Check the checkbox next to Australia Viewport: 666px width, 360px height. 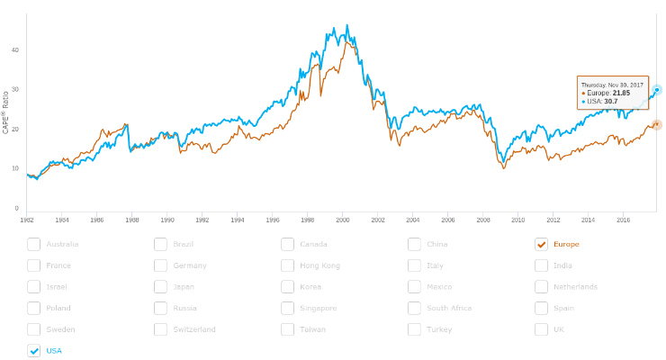click(x=33, y=244)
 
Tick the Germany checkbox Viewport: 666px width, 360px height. click(x=160, y=265)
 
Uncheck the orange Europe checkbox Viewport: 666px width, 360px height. click(x=541, y=244)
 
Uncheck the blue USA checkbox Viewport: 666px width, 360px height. click(x=33, y=351)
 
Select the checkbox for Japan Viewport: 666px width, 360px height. click(x=160, y=287)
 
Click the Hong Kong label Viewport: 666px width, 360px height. click(x=319, y=265)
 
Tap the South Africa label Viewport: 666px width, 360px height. click(x=449, y=309)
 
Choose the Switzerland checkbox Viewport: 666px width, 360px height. click(x=160, y=329)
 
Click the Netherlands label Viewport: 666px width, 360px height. click(x=575, y=287)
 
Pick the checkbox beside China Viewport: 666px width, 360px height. click(x=414, y=244)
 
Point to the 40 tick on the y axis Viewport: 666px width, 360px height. click(x=14, y=50)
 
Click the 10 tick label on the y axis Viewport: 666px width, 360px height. click(x=14, y=168)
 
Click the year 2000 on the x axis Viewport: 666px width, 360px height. click(x=342, y=219)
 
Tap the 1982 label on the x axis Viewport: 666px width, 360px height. click(x=27, y=219)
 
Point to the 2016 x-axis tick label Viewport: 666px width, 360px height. click(x=622, y=219)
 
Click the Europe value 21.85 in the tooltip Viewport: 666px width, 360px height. click(x=621, y=93)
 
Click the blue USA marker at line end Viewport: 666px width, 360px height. click(x=657, y=90)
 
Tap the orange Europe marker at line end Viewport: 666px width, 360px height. click(x=657, y=124)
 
